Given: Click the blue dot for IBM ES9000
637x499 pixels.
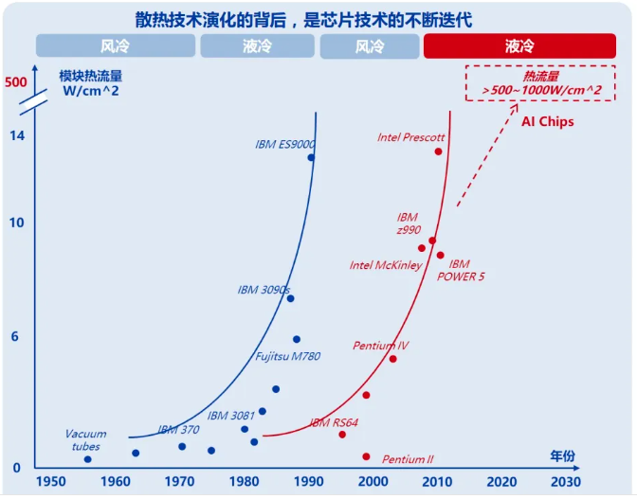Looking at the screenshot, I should click(x=311, y=157).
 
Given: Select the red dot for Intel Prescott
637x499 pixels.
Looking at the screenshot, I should click(x=439, y=151).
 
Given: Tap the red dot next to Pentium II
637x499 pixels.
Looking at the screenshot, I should click(x=366, y=456).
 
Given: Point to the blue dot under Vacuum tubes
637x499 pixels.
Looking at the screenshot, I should click(x=87, y=459).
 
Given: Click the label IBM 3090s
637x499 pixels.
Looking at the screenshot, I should click(x=264, y=290).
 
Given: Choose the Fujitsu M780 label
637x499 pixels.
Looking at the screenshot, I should click(x=288, y=356).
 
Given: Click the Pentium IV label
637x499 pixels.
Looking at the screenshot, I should click(x=381, y=346).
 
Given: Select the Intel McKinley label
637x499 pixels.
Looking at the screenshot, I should click(x=386, y=265).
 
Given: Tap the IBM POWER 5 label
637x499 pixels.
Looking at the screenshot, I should click(x=461, y=270).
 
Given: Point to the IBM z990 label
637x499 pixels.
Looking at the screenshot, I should click(x=408, y=223).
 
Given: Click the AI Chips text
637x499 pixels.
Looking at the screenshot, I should click(x=548, y=122).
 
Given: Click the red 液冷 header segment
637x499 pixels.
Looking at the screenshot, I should click(x=520, y=45).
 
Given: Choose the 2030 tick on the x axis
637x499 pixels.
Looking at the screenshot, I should click(x=565, y=481).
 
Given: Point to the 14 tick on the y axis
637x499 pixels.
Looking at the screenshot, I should click(x=16, y=135).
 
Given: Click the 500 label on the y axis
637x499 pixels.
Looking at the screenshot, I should click(x=15, y=82).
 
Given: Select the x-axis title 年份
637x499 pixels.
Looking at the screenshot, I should click(x=562, y=455).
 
